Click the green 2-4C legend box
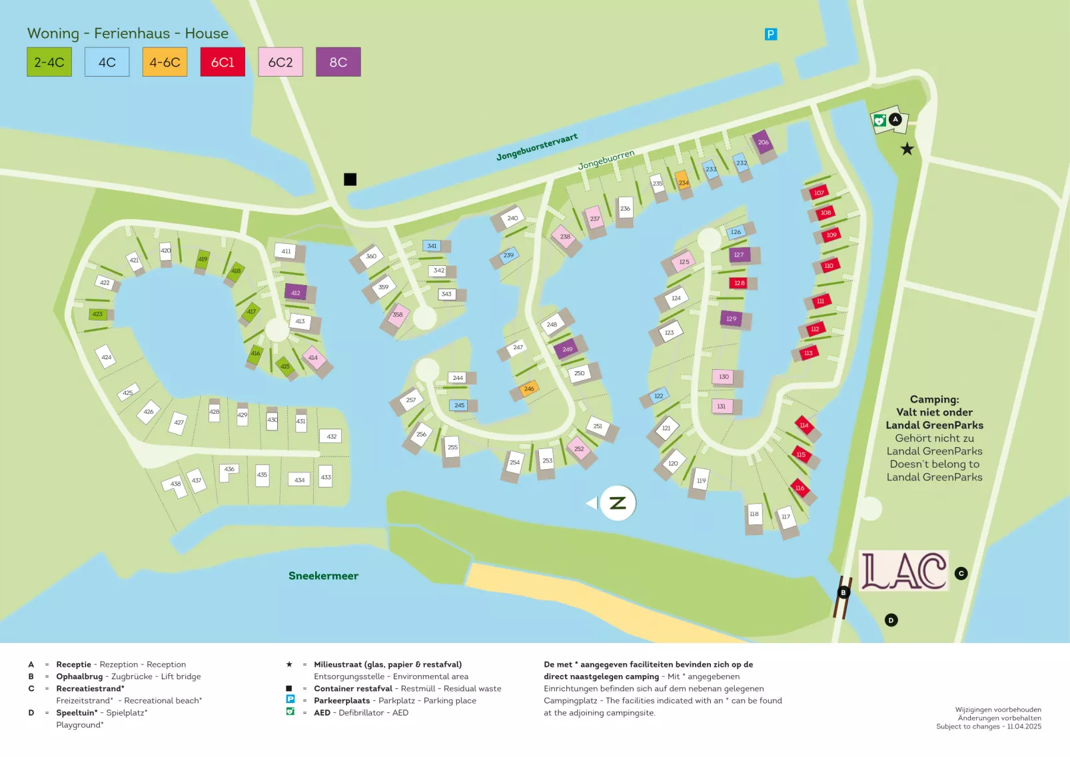coord(49,62)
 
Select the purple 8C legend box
coord(338,62)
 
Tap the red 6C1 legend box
coord(223,62)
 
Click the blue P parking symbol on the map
coord(771,34)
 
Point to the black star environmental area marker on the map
coord(907,149)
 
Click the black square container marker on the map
coord(350,179)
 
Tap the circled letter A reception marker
coord(895,119)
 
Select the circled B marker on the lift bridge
coord(843,592)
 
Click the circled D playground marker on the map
coord(891,620)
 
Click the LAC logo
coord(903,570)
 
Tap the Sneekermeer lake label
coord(323,576)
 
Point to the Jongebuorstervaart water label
coord(536,147)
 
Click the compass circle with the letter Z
coord(618,503)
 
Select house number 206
coord(763,142)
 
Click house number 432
coord(332,436)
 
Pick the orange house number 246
coord(528,388)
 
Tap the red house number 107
coord(819,193)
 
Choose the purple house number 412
coord(296,293)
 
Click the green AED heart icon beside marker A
coord(880,121)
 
